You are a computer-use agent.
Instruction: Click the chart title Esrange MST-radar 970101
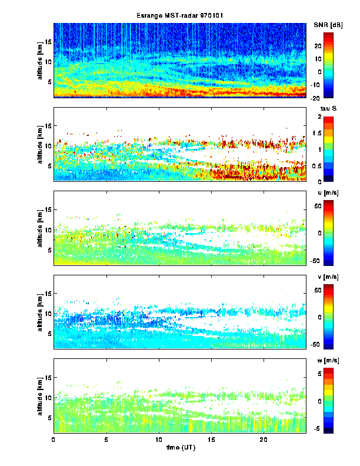pyautogui.click(x=179, y=15)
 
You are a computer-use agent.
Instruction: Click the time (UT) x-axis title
pyautogui.click(x=179, y=447)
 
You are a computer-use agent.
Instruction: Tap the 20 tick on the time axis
pyautogui.click(x=264, y=439)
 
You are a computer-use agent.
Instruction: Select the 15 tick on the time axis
pyautogui.click(x=211, y=439)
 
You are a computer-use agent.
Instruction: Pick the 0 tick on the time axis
pyautogui.click(x=54, y=439)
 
